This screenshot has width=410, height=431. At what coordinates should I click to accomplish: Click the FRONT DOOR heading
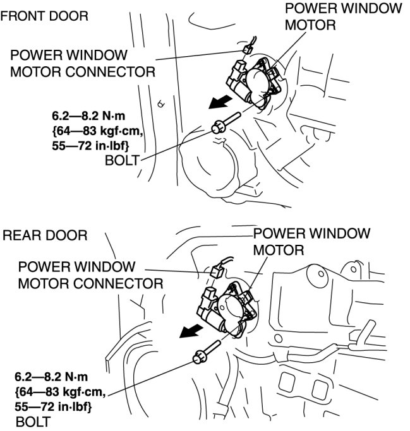pyautogui.click(x=44, y=15)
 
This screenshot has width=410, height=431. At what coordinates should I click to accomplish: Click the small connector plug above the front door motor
pyautogui.click(x=247, y=46)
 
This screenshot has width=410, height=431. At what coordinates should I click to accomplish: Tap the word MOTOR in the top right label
pyautogui.click(x=309, y=25)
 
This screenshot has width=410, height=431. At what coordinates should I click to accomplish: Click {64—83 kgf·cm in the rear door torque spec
pyautogui.click(x=60, y=393)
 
